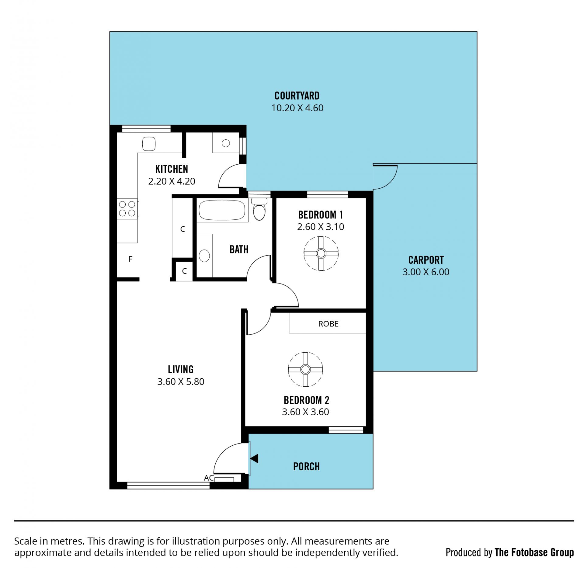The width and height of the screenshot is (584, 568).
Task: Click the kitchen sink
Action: [149, 144]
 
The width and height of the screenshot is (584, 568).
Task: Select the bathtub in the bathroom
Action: [222, 210]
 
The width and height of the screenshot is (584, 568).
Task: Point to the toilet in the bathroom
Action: [259, 209]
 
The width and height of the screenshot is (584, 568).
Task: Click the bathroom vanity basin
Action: [204, 256]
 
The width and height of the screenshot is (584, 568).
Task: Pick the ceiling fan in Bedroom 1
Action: [321, 253]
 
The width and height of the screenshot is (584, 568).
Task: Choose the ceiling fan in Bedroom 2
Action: [305, 369]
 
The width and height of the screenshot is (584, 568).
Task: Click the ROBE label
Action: [328, 324]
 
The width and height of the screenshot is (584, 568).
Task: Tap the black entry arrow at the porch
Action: [254, 458]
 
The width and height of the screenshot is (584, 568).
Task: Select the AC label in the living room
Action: [209, 478]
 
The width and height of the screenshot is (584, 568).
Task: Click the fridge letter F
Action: [130, 259]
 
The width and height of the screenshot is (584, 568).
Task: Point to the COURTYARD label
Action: [297, 96]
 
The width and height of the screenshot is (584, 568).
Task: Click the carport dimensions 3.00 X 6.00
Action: [426, 272]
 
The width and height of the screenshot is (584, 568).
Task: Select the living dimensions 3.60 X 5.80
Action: [181, 382]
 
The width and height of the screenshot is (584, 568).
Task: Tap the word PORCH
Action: [306, 467]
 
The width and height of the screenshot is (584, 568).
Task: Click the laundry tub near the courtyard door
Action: [226, 143]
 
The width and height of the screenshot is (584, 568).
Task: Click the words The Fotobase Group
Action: [534, 552]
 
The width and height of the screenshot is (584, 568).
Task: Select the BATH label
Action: [239, 249]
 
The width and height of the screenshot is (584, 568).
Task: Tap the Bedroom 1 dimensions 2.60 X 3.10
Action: [321, 227]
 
